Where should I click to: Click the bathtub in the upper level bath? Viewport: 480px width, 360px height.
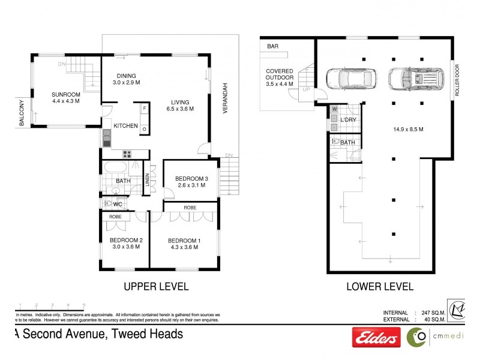(x=116, y=167)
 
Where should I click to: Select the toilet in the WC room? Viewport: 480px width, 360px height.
(x=108, y=203)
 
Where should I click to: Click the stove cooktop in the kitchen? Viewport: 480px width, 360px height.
(x=127, y=152)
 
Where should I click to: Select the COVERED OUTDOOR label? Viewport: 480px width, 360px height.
(x=280, y=77)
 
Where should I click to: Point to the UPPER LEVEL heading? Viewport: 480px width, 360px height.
(x=156, y=287)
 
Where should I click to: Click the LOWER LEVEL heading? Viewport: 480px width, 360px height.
(x=380, y=287)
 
